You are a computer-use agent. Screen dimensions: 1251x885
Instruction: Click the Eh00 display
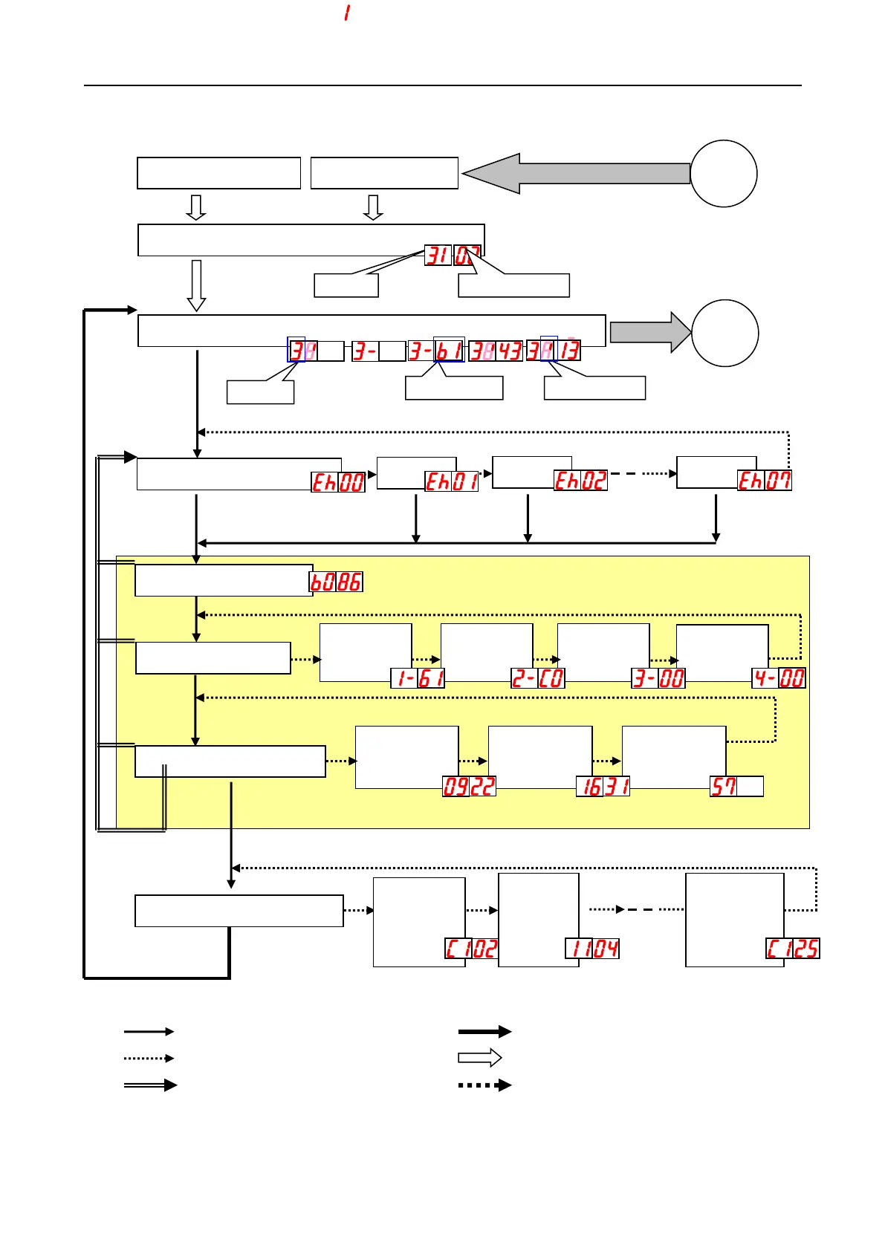pyautogui.click(x=338, y=482)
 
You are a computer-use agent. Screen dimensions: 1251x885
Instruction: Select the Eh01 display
pyautogui.click(x=452, y=481)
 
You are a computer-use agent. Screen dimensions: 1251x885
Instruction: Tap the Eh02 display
pyautogui.click(x=580, y=481)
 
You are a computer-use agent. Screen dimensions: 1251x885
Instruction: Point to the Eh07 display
pyautogui.click(x=764, y=481)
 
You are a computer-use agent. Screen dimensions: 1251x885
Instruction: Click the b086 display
pyautogui.click(x=336, y=582)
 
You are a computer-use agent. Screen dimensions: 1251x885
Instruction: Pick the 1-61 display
pyautogui.click(x=418, y=678)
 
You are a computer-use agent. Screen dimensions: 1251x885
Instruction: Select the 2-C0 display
pyautogui.click(x=538, y=678)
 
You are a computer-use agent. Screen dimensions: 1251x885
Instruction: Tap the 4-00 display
pyautogui.click(x=779, y=678)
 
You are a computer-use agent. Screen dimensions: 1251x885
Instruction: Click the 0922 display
pyautogui.click(x=469, y=787)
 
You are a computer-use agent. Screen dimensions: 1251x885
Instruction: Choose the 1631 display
pyautogui.click(x=603, y=787)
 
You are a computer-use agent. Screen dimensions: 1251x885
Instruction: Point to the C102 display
pyautogui.click(x=471, y=949)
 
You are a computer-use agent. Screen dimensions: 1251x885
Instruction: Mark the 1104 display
pyautogui.click(x=592, y=949)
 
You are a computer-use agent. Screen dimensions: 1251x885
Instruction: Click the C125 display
pyautogui.click(x=793, y=949)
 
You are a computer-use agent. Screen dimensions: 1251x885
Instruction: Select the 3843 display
pyautogui.click(x=496, y=351)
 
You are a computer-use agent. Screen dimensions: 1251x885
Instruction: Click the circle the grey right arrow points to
pyautogui.click(x=724, y=333)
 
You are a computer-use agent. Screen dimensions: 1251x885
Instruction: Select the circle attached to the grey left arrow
pyautogui.click(x=723, y=174)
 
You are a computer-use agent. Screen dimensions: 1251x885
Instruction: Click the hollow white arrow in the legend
pyautogui.click(x=480, y=1058)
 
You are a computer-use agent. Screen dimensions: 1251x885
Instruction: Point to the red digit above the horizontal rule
pyautogui.click(x=347, y=13)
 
